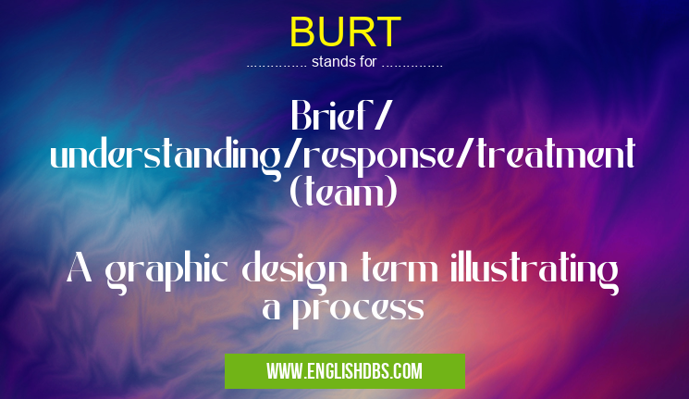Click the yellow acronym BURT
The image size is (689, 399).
pyautogui.click(x=344, y=31)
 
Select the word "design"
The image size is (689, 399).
pyautogui.click(x=291, y=271)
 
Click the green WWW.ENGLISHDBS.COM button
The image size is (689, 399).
pyautogui.click(x=344, y=371)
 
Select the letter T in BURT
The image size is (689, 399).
pyautogui.click(x=388, y=31)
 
